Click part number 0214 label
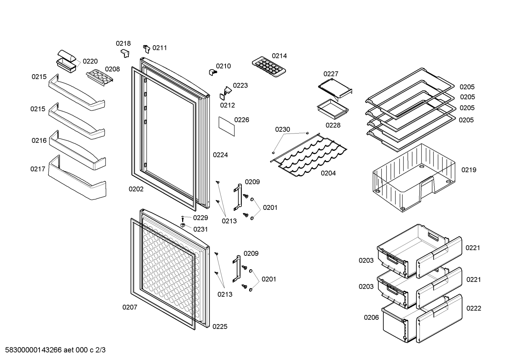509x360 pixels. click(x=279, y=56)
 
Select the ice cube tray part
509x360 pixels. click(x=269, y=67)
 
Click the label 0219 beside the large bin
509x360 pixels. click(x=469, y=170)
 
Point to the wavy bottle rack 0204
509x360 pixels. click(x=309, y=155)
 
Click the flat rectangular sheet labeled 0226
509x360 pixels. click(x=227, y=126)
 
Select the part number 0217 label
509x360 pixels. click(x=38, y=169)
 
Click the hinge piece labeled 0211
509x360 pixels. click(x=147, y=49)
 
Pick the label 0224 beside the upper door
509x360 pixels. click(x=220, y=155)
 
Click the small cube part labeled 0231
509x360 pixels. click(x=183, y=225)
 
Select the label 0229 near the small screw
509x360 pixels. click(x=200, y=218)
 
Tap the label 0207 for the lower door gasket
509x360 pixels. click(x=130, y=307)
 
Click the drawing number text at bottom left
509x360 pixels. click(x=55, y=350)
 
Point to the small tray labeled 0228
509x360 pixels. click(x=333, y=109)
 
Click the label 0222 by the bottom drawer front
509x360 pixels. click(x=474, y=308)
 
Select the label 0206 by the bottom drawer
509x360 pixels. click(x=371, y=318)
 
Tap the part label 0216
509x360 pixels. click(x=39, y=141)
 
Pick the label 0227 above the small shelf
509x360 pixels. click(x=331, y=74)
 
